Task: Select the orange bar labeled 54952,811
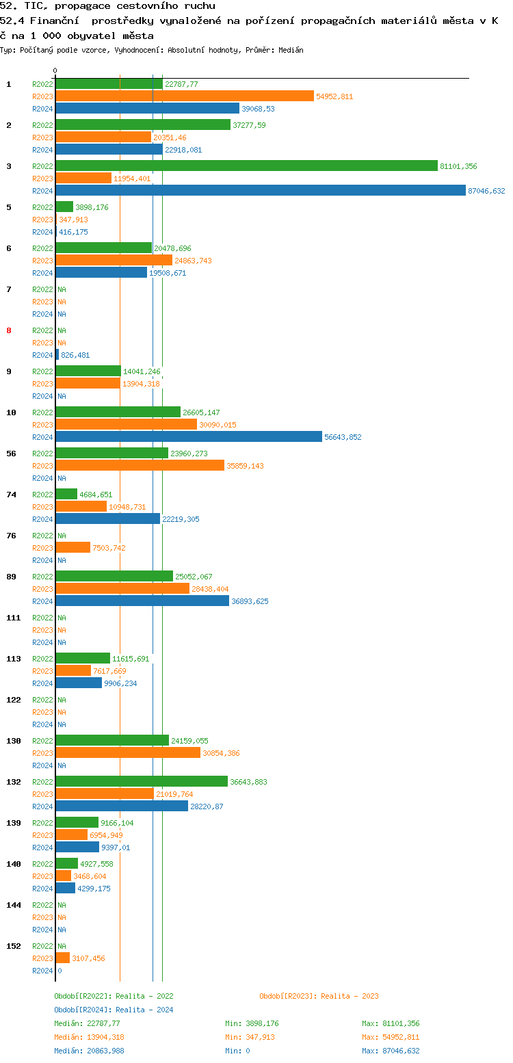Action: [185, 96]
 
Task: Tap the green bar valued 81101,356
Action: [246, 166]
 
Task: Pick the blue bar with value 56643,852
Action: [189, 437]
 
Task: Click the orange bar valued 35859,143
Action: [140, 466]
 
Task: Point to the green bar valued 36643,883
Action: [142, 782]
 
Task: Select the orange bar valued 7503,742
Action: [73, 548]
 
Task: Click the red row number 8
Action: [9, 330]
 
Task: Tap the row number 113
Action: [14, 659]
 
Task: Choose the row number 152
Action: [14, 946]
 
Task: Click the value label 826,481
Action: [75, 355]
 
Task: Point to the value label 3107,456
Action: [88, 958]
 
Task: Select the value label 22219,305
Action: [181, 519]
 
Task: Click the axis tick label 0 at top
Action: [55, 70]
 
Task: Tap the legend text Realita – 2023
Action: [350, 996]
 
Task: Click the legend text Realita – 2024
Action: [144, 1010]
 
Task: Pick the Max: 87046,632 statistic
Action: [391, 1051]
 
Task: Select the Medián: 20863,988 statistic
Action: [89, 1051]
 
